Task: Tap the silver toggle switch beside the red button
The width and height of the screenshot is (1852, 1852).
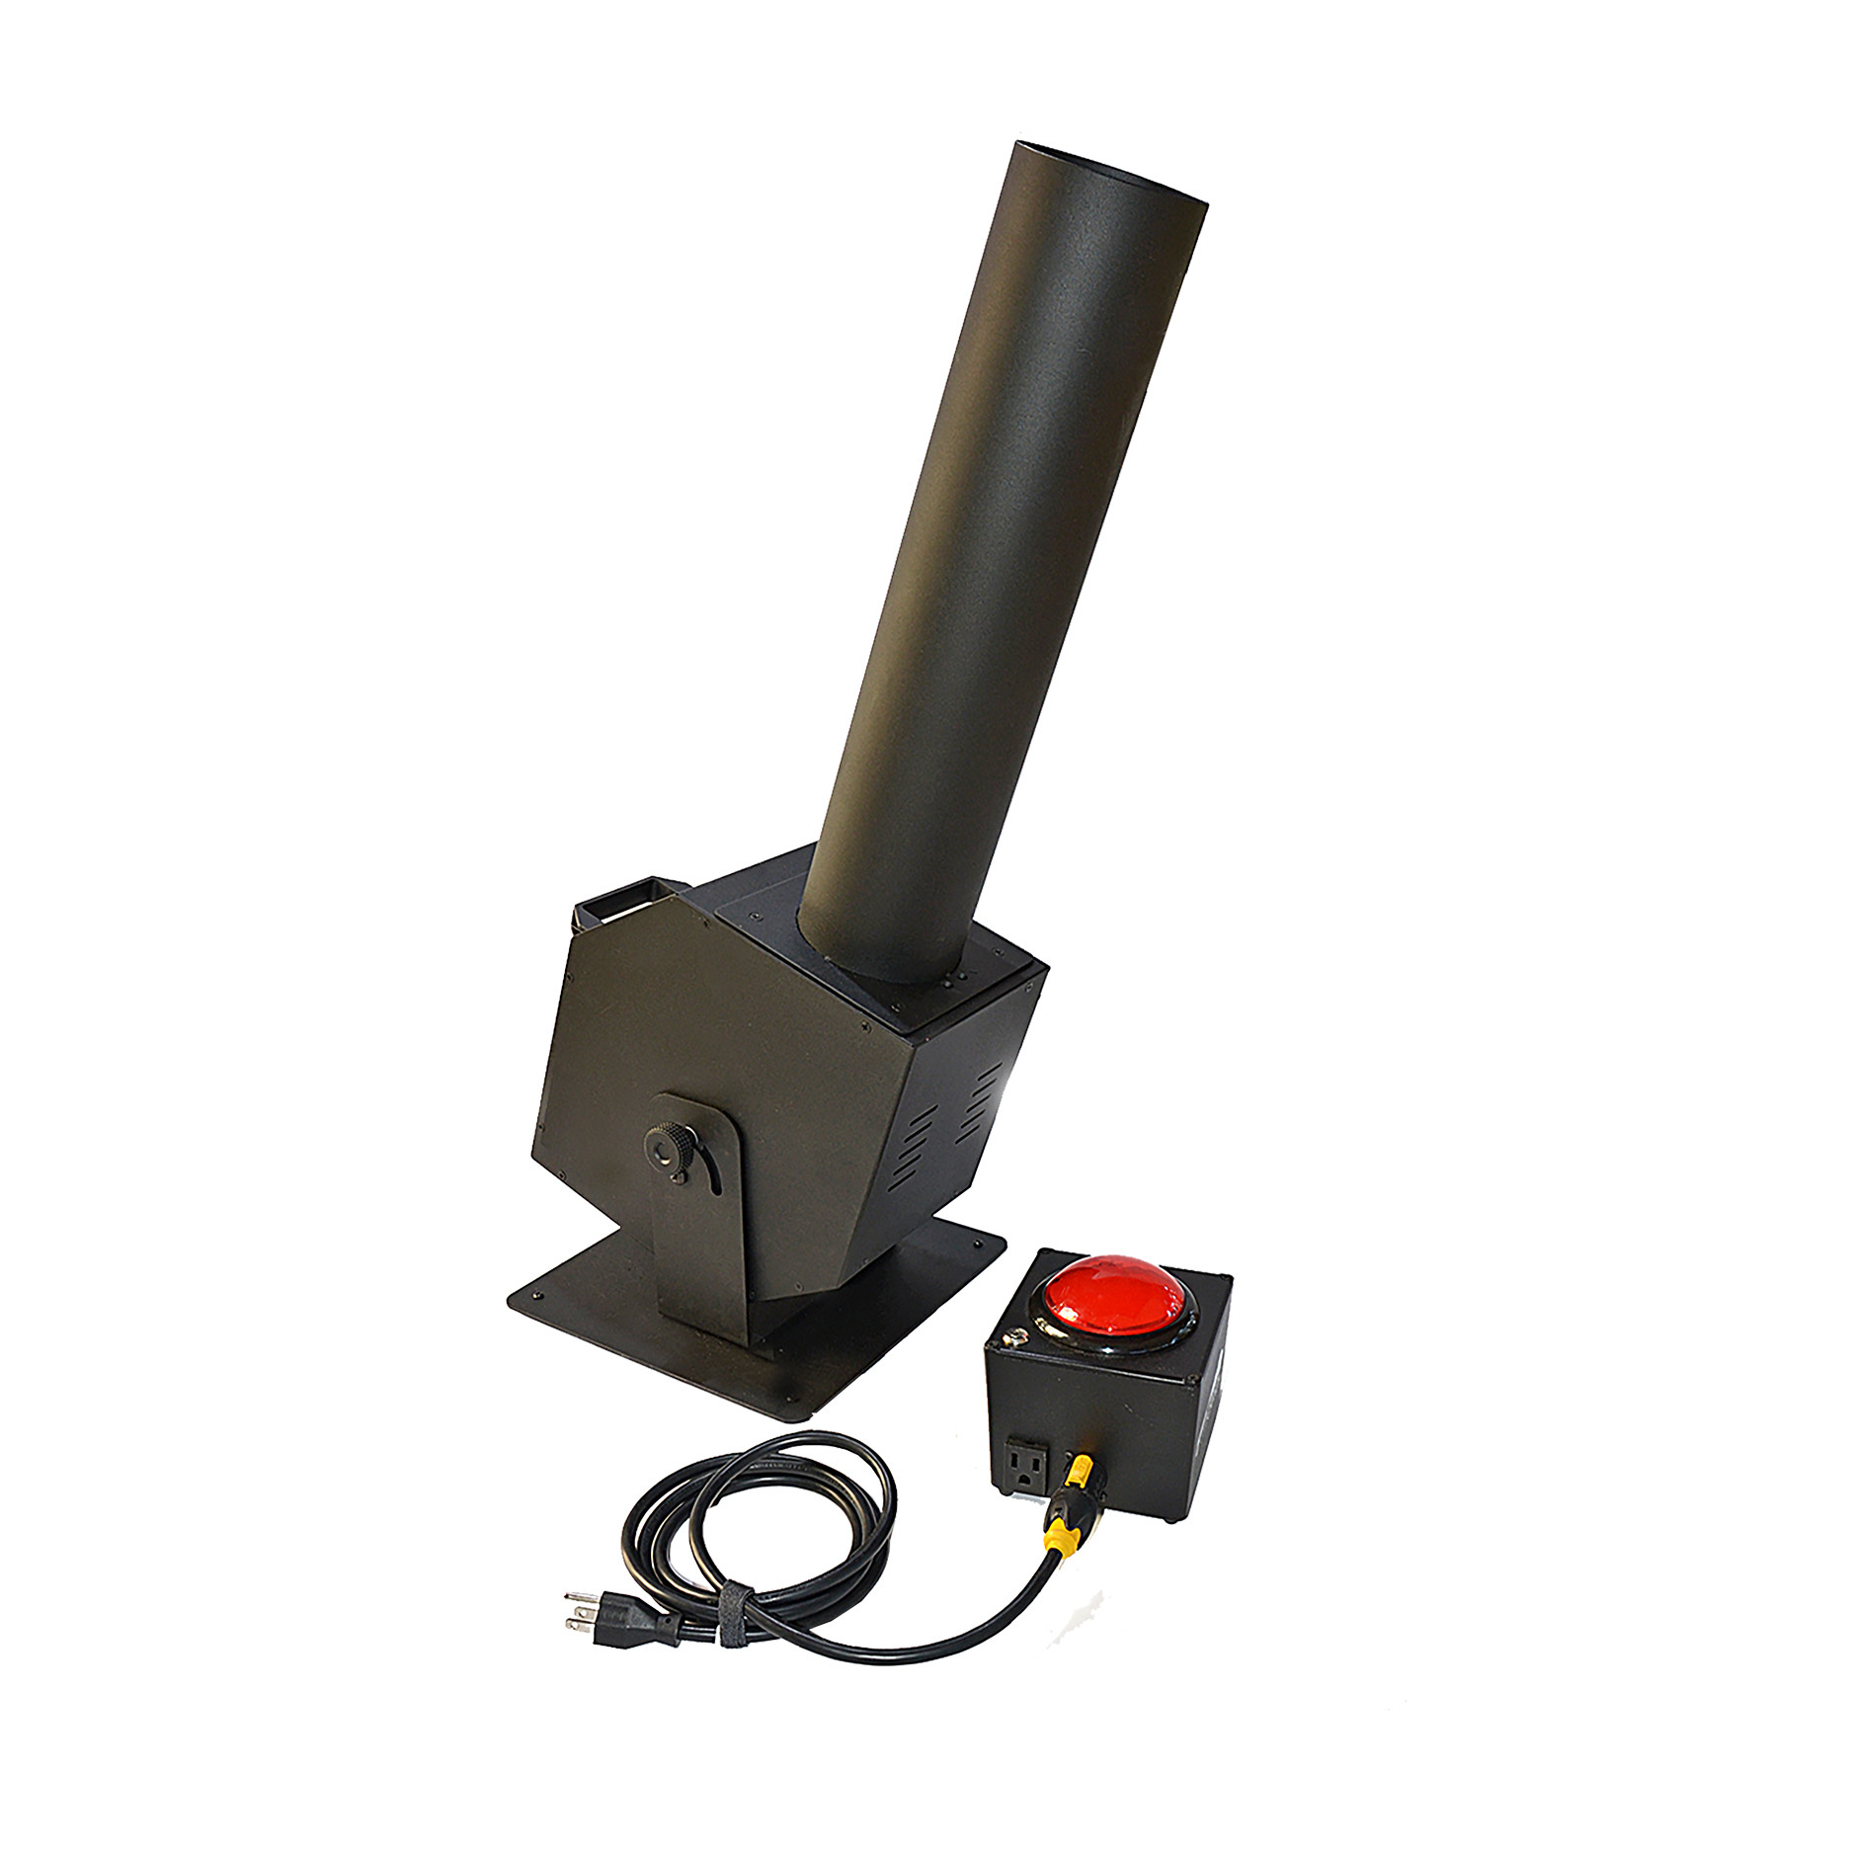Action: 1012,1338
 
